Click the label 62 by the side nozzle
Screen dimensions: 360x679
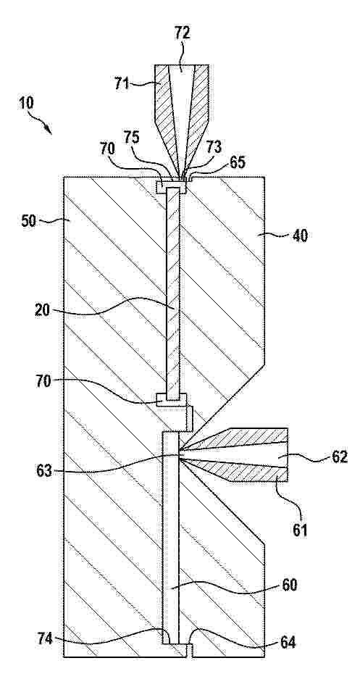click(x=339, y=457)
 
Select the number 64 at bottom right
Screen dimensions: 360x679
click(x=288, y=643)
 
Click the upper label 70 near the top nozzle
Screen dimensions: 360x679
click(x=107, y=149)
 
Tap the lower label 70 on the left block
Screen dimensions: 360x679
click(x=43, y=382)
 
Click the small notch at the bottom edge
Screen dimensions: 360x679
click(x=190, y=651)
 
